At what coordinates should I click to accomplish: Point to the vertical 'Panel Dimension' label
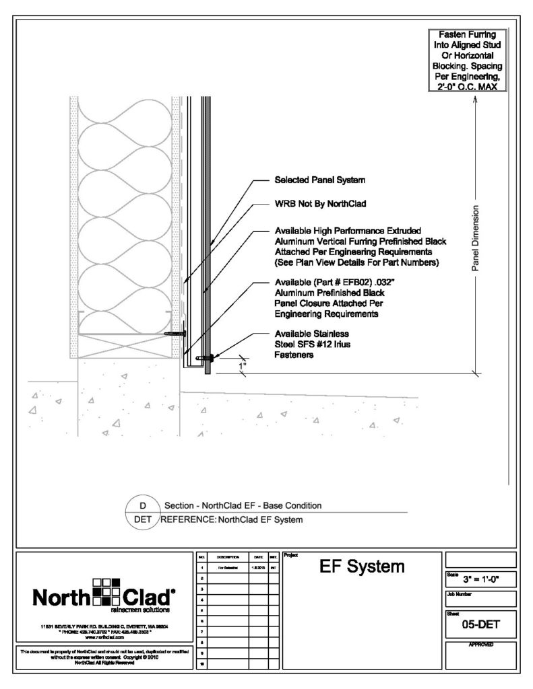(475, 238)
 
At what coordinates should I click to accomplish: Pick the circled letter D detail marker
(142, 505)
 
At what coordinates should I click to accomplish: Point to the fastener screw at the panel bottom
(206, 358)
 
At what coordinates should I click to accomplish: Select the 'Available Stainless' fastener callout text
(311, 334)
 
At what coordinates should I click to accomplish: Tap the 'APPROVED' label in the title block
(480, 645)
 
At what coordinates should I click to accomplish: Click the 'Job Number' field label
(462, 595)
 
